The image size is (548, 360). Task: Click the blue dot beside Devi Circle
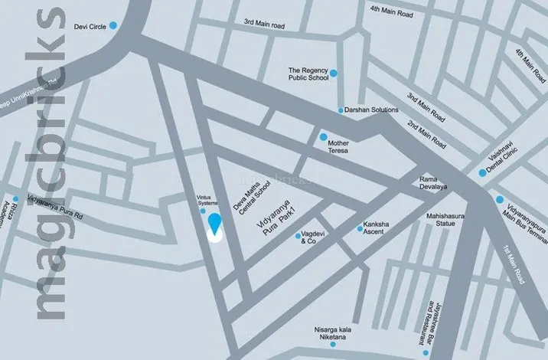tap(113, 25)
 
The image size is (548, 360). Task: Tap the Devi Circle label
tap(90, 26)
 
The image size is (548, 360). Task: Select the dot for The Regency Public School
tap(333, 73)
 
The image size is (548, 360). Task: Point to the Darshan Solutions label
tap(373, 110)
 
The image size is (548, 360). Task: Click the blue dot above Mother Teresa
tap(323, 136)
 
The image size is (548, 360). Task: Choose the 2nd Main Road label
tap(427, 135)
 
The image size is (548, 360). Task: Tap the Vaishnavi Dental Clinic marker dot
tap(481, 172)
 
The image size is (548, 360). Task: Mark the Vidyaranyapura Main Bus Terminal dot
tap(499, 200)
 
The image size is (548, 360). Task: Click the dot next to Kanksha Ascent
tap(360, 227)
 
